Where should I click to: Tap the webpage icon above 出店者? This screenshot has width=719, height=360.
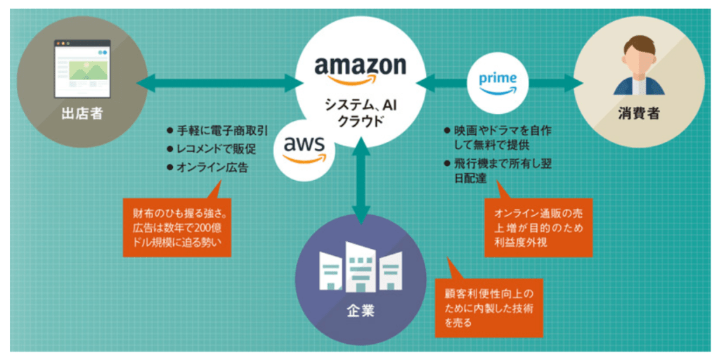(82, 68)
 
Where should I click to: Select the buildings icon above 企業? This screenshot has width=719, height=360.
(361, 268)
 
